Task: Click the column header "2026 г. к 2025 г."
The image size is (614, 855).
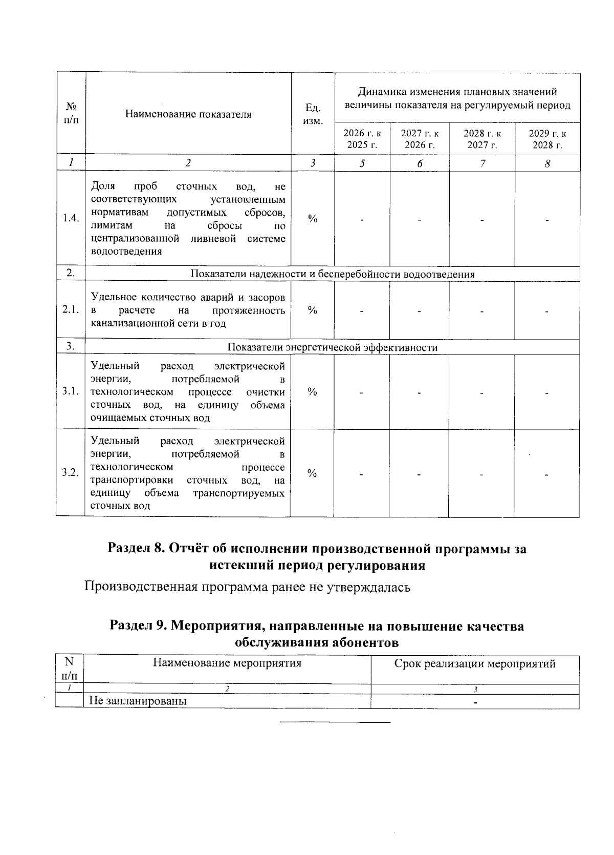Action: tap(362, 139)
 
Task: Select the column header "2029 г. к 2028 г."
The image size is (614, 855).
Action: tap(547, 139)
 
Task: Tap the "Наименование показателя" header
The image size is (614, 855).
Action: tap(188, 114)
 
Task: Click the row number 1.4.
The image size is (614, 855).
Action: tap(71, 218)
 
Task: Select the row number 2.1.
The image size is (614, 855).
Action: tap(71, 310)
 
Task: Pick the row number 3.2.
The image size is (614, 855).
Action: tap(70, 472)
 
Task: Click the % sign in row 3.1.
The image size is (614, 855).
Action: tap(312, 392)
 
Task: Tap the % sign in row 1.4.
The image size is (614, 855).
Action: tap(312, 219)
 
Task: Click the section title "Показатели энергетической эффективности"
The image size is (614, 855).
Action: tap(333, 347)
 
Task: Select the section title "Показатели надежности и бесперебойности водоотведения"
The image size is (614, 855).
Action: tap(333, 274)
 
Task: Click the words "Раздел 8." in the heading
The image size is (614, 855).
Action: tap(136, 549)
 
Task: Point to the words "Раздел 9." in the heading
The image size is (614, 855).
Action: tap(138, 626)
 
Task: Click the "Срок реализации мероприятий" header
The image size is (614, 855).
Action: tap(475, 664)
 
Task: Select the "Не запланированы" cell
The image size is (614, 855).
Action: tap(138, 701)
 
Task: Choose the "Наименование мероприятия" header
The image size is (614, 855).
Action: tap(227, 663)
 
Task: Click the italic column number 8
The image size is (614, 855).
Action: tap(547, 163)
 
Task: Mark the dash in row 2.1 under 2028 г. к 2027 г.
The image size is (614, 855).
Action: tap(482, 311)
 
